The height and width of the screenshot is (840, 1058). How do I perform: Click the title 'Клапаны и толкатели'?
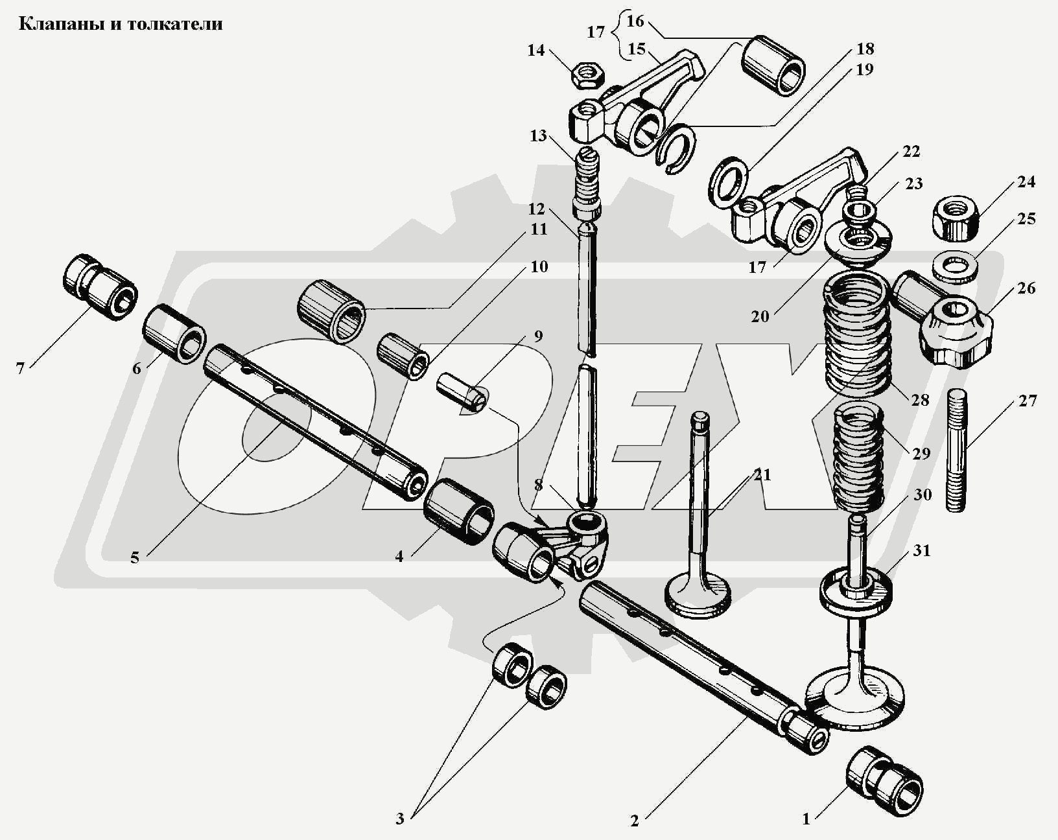(121, 25)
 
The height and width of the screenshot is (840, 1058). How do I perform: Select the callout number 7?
(20, 368)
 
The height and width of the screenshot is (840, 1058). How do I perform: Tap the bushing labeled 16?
(772, 67)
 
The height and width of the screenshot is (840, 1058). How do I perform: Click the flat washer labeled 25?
(956, 266)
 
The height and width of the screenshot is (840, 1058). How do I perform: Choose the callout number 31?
(922, 550)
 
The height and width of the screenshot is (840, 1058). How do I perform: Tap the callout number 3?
(400, 819)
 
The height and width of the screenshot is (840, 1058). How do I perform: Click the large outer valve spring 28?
(856, 334)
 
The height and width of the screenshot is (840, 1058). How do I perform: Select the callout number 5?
(134, 557)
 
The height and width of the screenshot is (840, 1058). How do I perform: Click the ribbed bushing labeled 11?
(332, 310)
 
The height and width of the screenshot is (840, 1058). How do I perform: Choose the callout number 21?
(762, 475)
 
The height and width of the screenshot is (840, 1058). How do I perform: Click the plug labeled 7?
(100, 289)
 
